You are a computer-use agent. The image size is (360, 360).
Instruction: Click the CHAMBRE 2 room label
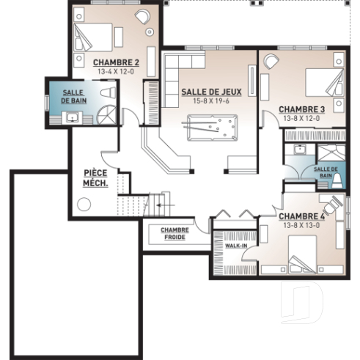(116, 62)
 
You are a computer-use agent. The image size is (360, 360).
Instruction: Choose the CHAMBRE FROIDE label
(175, 233)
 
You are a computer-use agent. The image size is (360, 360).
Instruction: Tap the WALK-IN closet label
(235, 246)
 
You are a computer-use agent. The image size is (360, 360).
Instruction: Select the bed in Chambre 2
(93, 37)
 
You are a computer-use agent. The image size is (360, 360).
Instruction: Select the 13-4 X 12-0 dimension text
(116, 72)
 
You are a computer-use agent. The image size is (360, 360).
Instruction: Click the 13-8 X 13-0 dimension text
(302, 226)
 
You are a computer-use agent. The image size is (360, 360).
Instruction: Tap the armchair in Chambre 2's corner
(142, 18)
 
